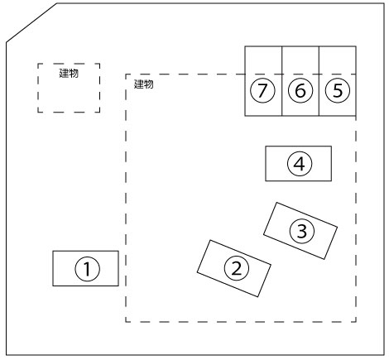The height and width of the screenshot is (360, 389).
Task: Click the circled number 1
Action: pyautogui.click(x=88, y=269)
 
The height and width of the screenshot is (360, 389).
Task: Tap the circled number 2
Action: pyautogui.click(x=237, y=268)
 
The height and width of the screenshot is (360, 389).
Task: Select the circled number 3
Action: pyautogui.click(x=302, y=231)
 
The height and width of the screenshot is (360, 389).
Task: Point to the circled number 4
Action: pyautogui.click(x=300, y=164)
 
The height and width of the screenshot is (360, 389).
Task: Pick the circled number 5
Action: pyautogui.click(x=338, y=90)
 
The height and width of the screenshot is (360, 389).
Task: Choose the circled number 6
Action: pyautogui.click(x=300, y=90)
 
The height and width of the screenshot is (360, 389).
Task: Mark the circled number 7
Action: pyautogui.click(x=262, y=90)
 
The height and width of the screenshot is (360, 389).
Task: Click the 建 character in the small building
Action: pyautogui.click(x=64, y=74)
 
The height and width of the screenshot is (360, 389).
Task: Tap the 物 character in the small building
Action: pyautogui.click(x=74, y=74)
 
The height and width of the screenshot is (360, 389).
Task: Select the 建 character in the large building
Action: pyautogui.click(x=139, y=84)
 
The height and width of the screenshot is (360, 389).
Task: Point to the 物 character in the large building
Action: pyautogui.click(x=149, y=84)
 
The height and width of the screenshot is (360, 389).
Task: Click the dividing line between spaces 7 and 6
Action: pyautogui.click(x=282, y=81)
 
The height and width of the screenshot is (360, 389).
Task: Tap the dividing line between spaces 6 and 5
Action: pyautogui.click(x=319, y=81)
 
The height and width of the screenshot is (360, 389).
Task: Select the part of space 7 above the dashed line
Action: pyautogui.click(x=263, y=60)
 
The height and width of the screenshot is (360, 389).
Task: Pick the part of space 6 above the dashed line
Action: pyautogui.click(x=300, y=60)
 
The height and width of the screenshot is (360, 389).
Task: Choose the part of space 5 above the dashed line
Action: pyautogui.click(x=338, y=60)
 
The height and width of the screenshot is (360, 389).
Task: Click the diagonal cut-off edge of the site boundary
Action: pyautogui.click(x=31, y=23)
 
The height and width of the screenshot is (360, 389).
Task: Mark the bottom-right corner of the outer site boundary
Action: pyautogui.click(x=384, y=355)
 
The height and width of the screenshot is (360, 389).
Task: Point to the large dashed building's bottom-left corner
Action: pyautogui.click(x=126, y=322)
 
